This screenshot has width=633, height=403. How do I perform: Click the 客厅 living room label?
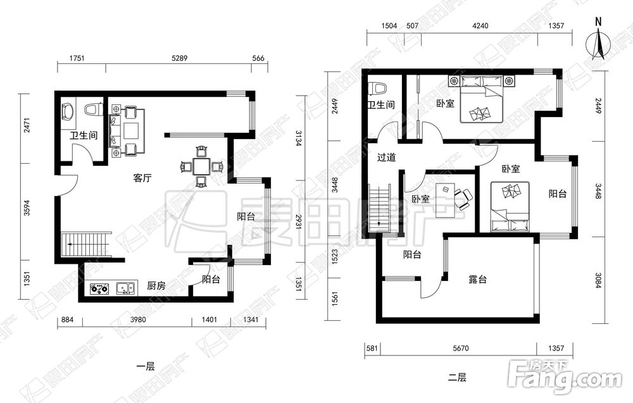(x=142, y=178)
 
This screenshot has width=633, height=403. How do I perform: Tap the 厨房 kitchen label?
(x=156, y=286)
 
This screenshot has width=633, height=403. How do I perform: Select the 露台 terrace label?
(x=477, y=279)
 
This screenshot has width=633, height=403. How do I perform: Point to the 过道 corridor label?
(x=386, y=158)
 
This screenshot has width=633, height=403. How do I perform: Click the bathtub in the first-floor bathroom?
(x=68, y=112)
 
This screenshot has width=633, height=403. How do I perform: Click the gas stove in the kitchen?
(x=100, y=288)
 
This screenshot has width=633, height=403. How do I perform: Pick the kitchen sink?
(x=127, y=288)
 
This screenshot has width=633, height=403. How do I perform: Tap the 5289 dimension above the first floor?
(x=179, y=58)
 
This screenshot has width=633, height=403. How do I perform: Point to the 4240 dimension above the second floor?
(x=480, y=26)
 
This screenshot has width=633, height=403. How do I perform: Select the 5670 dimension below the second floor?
(x=461, y=348)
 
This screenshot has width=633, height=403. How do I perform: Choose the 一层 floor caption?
(x=146, y=367)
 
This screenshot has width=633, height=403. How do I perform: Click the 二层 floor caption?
(x=458, y=378)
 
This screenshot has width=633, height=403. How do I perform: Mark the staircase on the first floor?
(x=86, y=244)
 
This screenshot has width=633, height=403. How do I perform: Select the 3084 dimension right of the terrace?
(x=598, y=280)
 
